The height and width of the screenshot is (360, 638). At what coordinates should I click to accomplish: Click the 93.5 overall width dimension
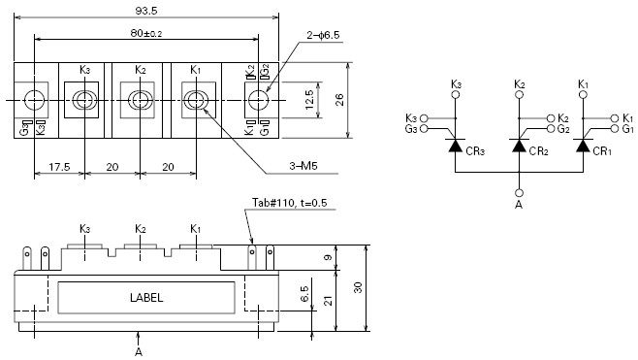(146, 11)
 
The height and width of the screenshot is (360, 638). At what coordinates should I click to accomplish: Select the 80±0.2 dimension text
(146, 33)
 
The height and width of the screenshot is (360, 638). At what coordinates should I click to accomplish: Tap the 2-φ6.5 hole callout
(323, 36)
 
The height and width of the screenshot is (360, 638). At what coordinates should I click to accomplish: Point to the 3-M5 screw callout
(303, 166)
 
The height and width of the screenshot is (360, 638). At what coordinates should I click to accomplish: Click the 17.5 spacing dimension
(59, 167)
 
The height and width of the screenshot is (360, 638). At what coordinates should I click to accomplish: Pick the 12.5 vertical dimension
(309, 100)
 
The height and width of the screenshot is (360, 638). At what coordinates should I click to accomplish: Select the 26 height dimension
(339, 100)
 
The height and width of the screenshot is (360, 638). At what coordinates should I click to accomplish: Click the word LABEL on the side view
(146, 298)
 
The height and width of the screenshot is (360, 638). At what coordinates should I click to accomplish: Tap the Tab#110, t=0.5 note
(289, 203)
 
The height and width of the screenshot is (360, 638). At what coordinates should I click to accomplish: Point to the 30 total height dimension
(358, 287)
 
